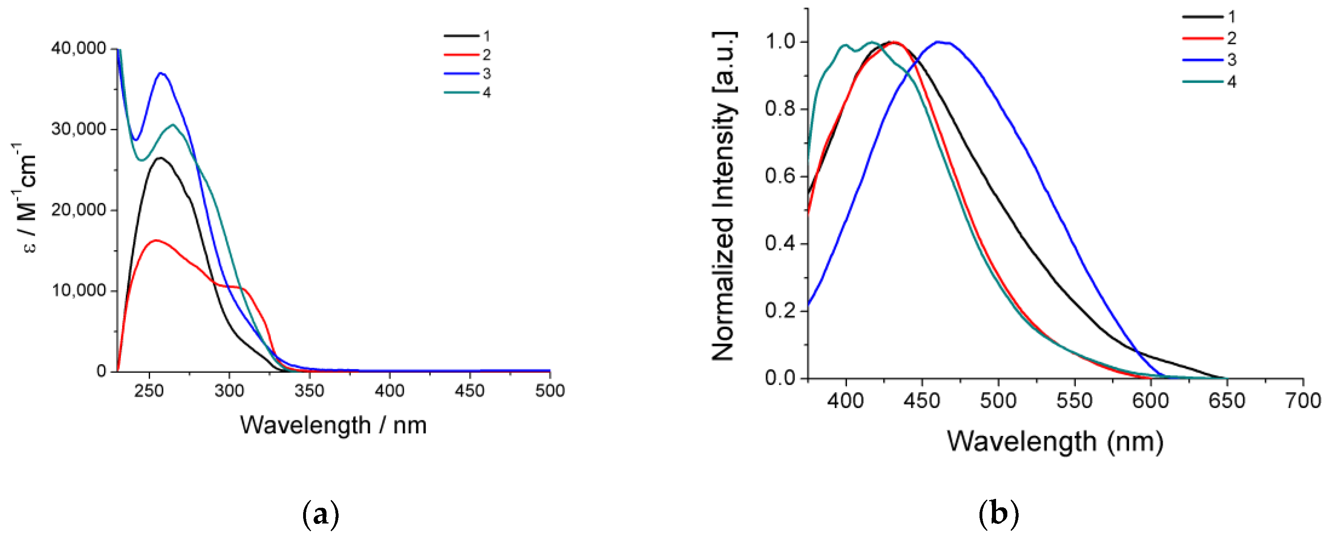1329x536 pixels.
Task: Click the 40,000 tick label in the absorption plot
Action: (x=79, y=48)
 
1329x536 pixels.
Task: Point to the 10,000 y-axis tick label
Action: (x=79, y=291)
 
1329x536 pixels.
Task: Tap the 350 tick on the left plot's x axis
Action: (x=309, y=390)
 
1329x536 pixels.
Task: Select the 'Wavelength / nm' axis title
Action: (x=333, y=425)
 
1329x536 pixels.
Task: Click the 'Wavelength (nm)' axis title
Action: (x=1055, y=442)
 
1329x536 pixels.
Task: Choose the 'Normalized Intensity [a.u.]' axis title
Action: (x=724, y=196)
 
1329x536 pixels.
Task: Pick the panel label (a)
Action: (x=321, y=514)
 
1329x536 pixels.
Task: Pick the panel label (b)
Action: (x=998, y=514)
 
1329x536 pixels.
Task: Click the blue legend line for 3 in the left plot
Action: (x=462, y=74)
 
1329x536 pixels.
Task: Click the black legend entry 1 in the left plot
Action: (x=462, y=36)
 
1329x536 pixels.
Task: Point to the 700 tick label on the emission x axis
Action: (x=1302, y=401)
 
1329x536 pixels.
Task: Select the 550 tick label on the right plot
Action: (x=1074, y=401)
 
